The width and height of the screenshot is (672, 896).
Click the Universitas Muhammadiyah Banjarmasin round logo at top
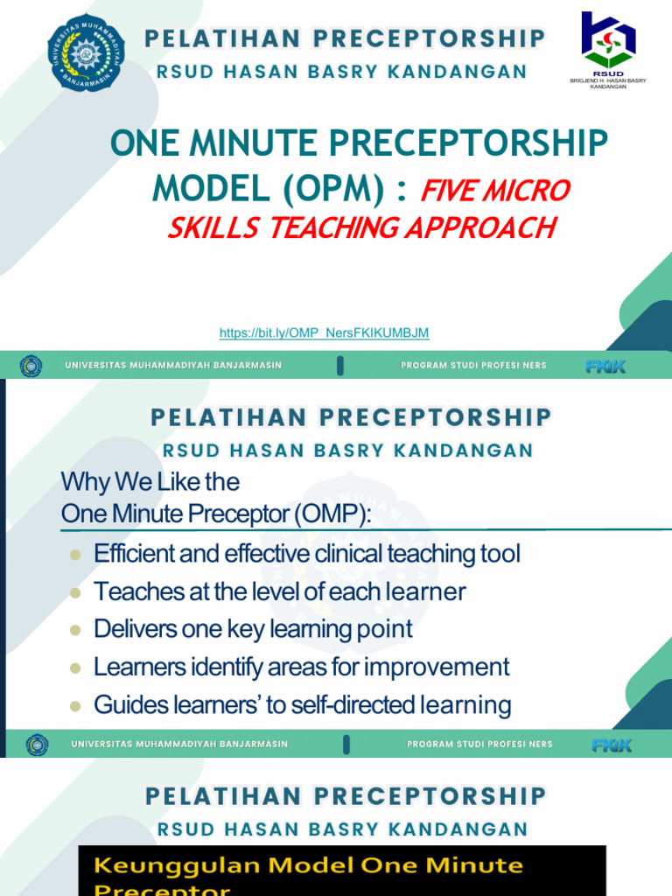point(86,52)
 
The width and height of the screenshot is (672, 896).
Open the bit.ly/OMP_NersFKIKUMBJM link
point(324,333)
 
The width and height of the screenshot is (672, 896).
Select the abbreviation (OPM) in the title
point(344,187)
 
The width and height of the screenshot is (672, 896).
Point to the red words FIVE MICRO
point(495,190)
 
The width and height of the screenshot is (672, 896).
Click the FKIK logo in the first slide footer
point(605,366)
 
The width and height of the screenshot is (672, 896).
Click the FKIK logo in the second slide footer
point(612,745)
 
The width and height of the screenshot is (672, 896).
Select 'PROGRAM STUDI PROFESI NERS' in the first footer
point(473,366)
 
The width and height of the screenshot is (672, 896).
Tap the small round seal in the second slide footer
point(37,745)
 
